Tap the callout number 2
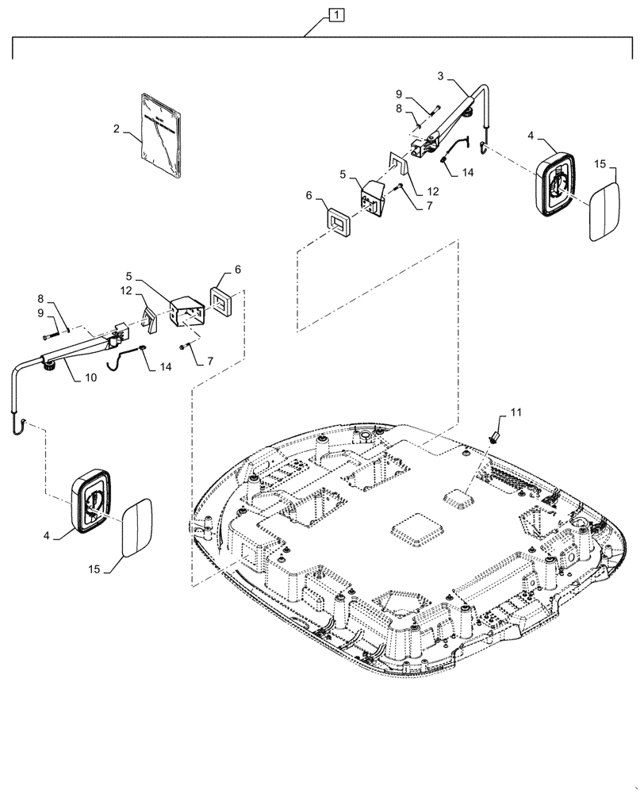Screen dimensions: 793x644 point(117,127)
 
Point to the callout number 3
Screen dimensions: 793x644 point(440,77)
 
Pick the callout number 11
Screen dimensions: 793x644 point(516,412)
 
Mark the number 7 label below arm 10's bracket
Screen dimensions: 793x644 point(209,361)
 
